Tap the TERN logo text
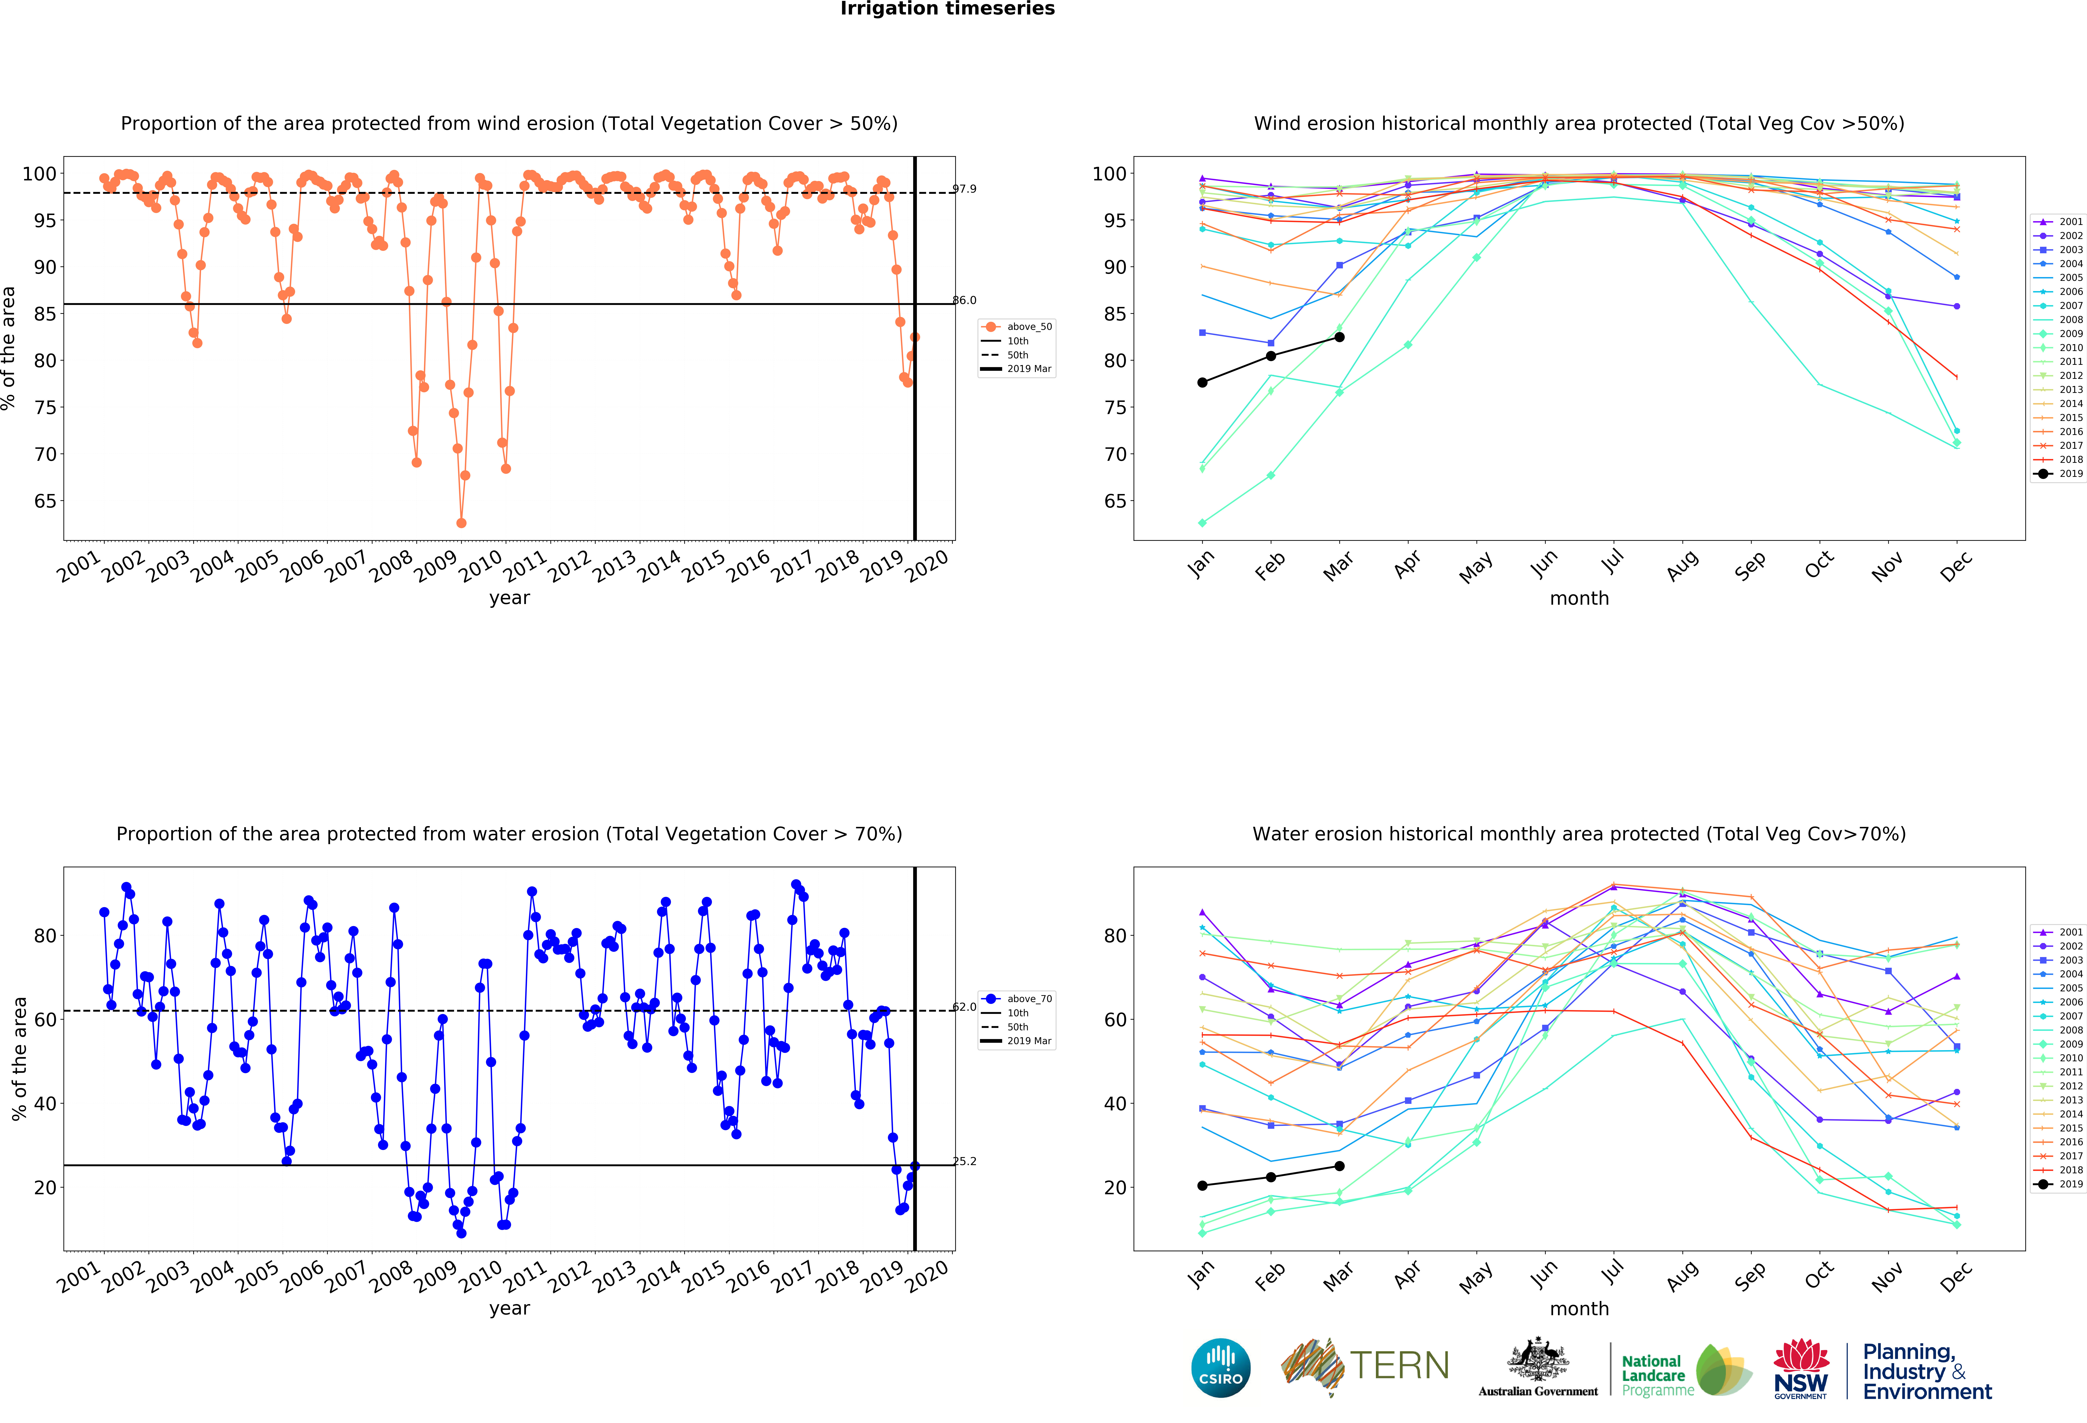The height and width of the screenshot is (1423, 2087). point(1399,1366)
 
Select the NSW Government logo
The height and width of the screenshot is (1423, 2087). point(1800,1368)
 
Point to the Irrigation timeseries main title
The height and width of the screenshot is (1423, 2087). point(947,9)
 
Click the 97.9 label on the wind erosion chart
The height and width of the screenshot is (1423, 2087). point(965,189)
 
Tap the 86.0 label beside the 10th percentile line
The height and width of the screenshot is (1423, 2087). point(965,300)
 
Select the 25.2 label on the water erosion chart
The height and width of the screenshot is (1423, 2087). point(965,1161)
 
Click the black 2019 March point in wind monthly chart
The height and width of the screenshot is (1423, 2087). point(1339,337)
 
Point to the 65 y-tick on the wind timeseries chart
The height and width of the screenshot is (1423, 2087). point(45,501)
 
